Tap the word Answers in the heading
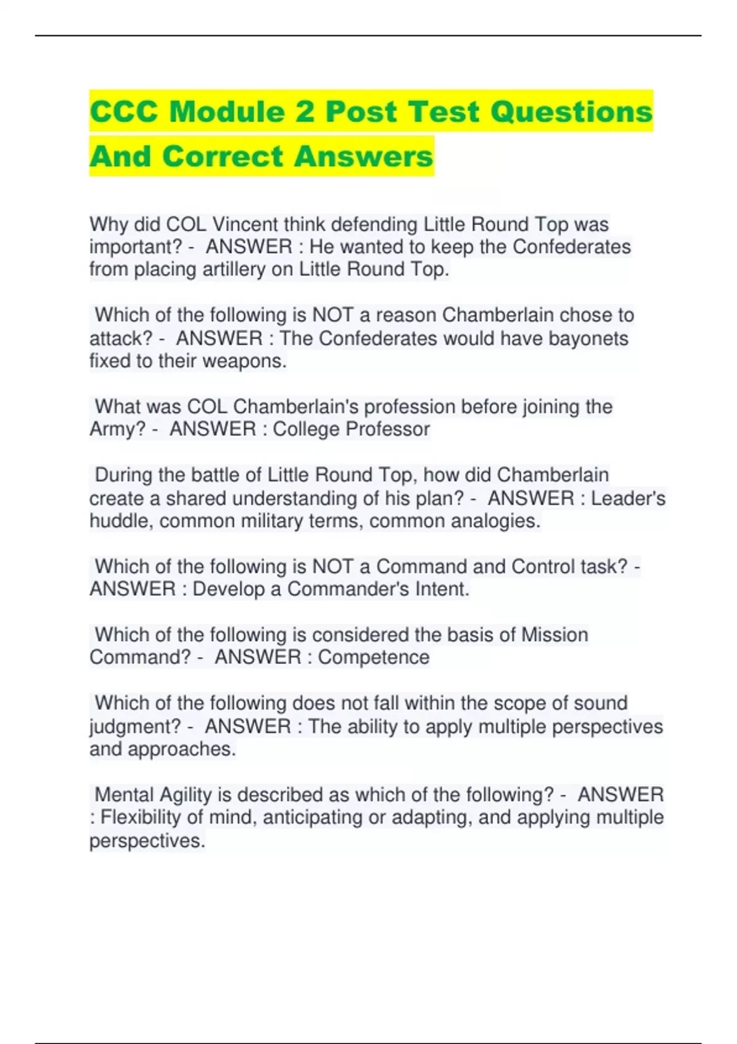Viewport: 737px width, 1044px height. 363,156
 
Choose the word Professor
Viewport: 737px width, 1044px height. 389,429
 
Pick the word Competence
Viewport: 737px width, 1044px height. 373,657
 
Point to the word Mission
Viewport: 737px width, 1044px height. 555,634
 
